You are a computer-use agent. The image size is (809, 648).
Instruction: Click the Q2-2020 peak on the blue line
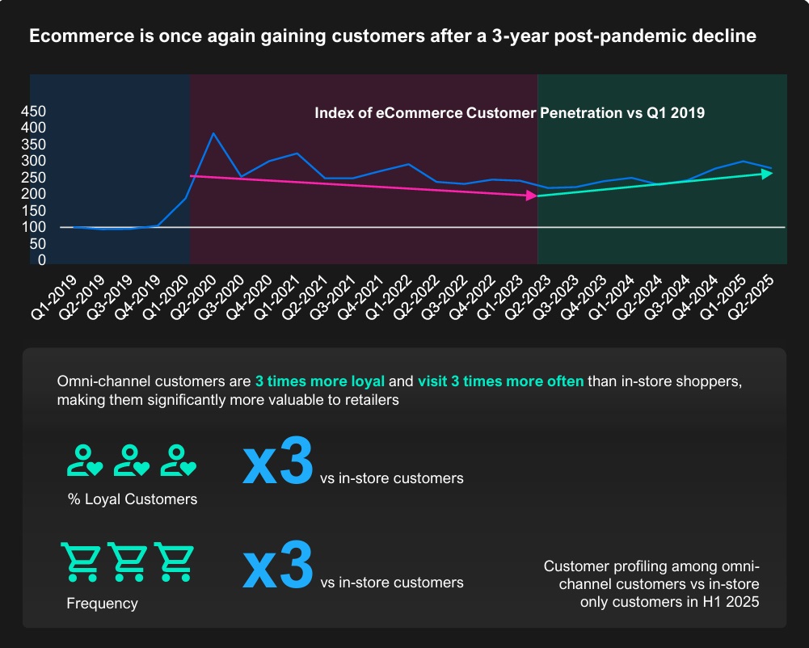pyautogui.click(x=213, y=133)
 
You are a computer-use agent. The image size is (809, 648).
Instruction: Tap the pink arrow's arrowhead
pyautogui.click(x=531, y=196)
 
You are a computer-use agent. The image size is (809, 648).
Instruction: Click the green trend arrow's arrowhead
pyautogui.click(x=767, y=173)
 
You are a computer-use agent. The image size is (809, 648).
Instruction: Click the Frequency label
pyautogui.click(x=102, y=604)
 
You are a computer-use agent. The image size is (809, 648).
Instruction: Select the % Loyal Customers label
pyautogui.click(x=133, y=499)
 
